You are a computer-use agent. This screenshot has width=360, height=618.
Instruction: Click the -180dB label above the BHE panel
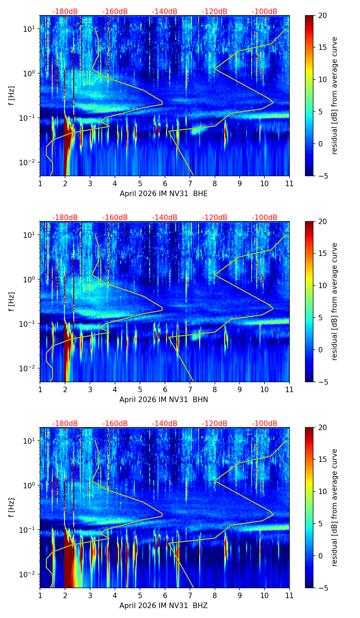[x=65, y=12]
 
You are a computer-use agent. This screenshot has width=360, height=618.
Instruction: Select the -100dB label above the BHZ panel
[x=265, y=424]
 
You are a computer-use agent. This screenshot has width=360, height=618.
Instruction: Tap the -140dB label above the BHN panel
[x=165, y=218]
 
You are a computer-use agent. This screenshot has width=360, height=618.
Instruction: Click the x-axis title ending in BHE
[x=164, y=194]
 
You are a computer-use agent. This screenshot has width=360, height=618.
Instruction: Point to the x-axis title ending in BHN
[x=164, y=400]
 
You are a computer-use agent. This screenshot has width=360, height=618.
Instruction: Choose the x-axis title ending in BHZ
[x=164, y=606]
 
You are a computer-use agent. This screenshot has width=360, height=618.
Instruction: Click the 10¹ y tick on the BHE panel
[x=29, y=29]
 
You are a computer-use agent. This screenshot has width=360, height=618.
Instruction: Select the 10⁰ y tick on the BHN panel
[x=29, y=280]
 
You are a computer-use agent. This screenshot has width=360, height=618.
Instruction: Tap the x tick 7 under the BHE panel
[x=190, y=183]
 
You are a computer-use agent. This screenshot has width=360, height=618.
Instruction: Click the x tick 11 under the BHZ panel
[x=290, y=595]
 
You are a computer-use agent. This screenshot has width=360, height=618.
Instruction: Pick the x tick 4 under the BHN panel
[x=115, y=389]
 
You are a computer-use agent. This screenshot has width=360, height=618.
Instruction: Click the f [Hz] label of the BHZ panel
[x=12, y=507]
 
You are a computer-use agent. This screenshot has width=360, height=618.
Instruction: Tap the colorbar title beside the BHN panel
[x=335, y=301]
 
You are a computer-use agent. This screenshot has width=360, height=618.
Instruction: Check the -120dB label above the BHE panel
[x=215, y=12]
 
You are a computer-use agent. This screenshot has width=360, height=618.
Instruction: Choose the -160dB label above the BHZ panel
[x=115, y=424]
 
